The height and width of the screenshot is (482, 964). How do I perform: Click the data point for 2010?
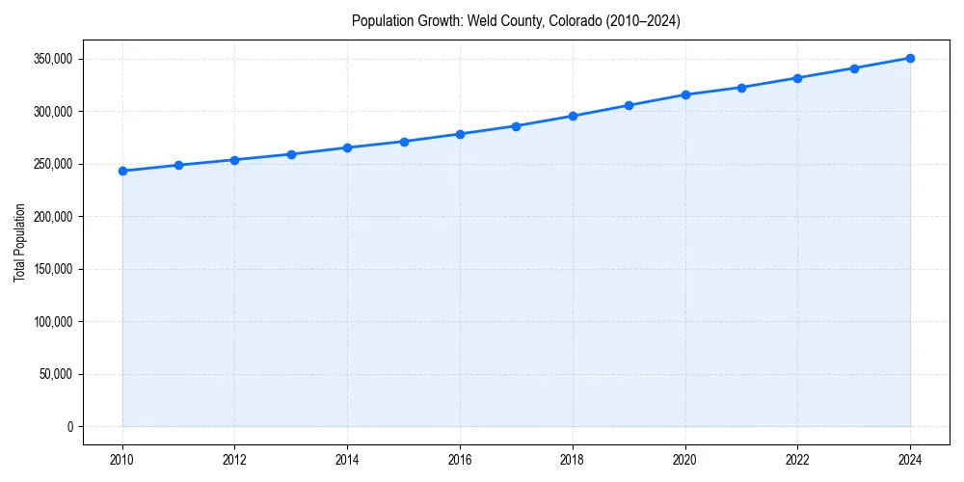click(x=122, y=171)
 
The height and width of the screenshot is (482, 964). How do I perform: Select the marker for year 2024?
click(x=910, y=58)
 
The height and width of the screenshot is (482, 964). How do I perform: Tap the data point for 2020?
click(x=685, y=94)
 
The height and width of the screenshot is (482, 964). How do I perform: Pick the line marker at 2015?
click(x=404, y=142)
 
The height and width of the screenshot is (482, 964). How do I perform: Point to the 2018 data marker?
click(x=573, y=116)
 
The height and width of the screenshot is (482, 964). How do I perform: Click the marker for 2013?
click(x=291, y=154)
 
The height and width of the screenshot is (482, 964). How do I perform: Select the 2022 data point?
click(x=797, y=78)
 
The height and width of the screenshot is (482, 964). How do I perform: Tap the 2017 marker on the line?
click(x=517, y=126)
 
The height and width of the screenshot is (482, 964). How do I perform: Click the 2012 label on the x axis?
click(x=235, y=460)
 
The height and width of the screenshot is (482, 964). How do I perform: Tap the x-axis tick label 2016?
click(x=460, y=460)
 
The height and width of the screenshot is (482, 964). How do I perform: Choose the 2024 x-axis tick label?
click(x=910, y=460)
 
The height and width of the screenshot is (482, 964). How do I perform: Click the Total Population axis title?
click(x=19, y=242)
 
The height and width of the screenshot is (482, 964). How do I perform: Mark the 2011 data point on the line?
click(x=178, y=165)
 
